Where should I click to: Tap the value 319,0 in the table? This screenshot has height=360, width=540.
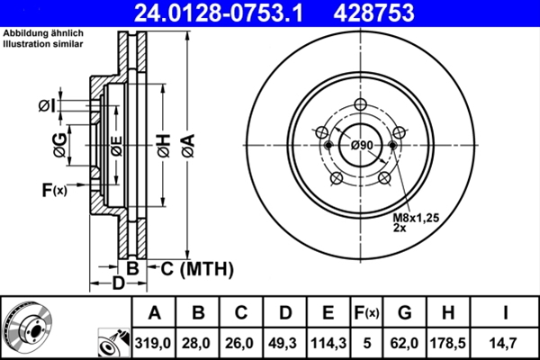coord(154,343)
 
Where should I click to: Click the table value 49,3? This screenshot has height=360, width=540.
coord(285,343)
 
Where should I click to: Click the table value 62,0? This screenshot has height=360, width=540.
coord(405,343)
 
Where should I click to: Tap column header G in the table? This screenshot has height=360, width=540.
coord(405,313)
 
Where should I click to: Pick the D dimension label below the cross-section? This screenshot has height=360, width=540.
coord(118,283)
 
